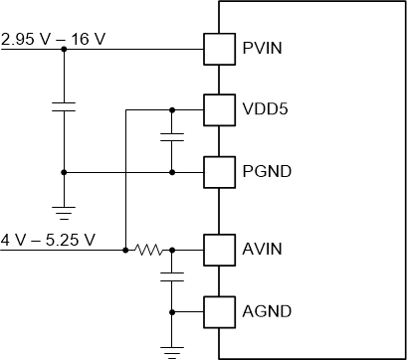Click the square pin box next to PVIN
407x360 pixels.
pos(217,48)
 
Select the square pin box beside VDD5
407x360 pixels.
pos(217,108)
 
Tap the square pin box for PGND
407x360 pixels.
pos(217,171)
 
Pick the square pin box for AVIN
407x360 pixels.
pos(217,249)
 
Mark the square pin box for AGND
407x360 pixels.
pos(217,311)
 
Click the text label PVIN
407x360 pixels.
pos(261,48)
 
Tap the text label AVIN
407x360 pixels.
pos(261,249)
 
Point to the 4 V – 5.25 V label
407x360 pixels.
pos(48,240)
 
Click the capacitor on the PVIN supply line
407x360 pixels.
pos(64,107)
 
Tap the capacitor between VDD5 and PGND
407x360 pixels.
pos(172,137)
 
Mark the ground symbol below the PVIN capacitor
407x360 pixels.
pos(64,211)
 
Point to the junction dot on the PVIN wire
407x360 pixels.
pos(64,48)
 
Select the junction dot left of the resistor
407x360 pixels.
pos(125,249)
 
